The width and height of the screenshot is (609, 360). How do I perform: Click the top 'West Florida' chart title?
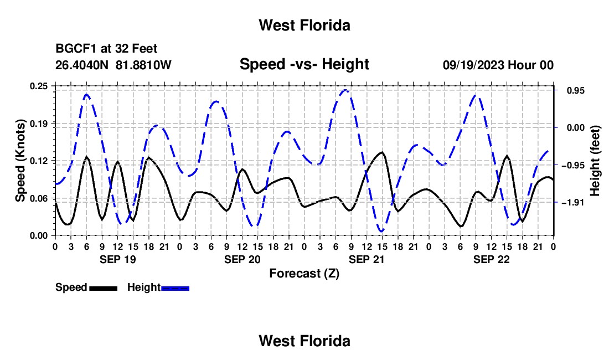click(x=304, y=25)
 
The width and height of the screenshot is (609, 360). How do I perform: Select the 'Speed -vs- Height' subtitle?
click(x=304, y=64)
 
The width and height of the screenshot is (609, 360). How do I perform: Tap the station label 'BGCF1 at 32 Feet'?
click(x=106, y=49)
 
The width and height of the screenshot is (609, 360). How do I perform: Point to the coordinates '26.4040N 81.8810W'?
click(x=113, y=65)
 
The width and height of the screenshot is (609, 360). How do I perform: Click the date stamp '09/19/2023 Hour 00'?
click(x=498, y=65)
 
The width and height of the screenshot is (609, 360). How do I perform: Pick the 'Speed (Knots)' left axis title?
click(x=20, y=161)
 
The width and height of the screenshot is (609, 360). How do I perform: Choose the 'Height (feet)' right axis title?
click(x=595, y=161)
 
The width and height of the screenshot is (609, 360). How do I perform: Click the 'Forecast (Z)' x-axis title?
click(x=304, y=274)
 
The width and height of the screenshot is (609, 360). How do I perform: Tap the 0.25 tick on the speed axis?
click(x=39, y=86)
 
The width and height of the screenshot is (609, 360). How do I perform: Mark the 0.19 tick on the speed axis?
click(x=39, y=124)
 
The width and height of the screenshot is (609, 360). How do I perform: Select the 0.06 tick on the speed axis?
click(x=39, y=198)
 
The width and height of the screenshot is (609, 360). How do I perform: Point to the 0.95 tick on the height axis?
click(x=576, y=90)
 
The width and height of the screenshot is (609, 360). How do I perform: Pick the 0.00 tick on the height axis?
click(x=576, y=128)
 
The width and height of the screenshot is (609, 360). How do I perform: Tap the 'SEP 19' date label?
click(x=118, y=259)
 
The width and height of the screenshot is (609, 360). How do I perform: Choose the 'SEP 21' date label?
click(x=367, y=259)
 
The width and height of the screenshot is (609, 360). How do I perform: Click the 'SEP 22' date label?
click(x=491, y=259)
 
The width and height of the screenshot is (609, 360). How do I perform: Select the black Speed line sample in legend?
click(x=104, y=289)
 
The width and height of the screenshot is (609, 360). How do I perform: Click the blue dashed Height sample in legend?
click(x=175, y=289)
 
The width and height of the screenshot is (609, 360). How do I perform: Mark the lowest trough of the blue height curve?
click(x=382, y=232)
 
